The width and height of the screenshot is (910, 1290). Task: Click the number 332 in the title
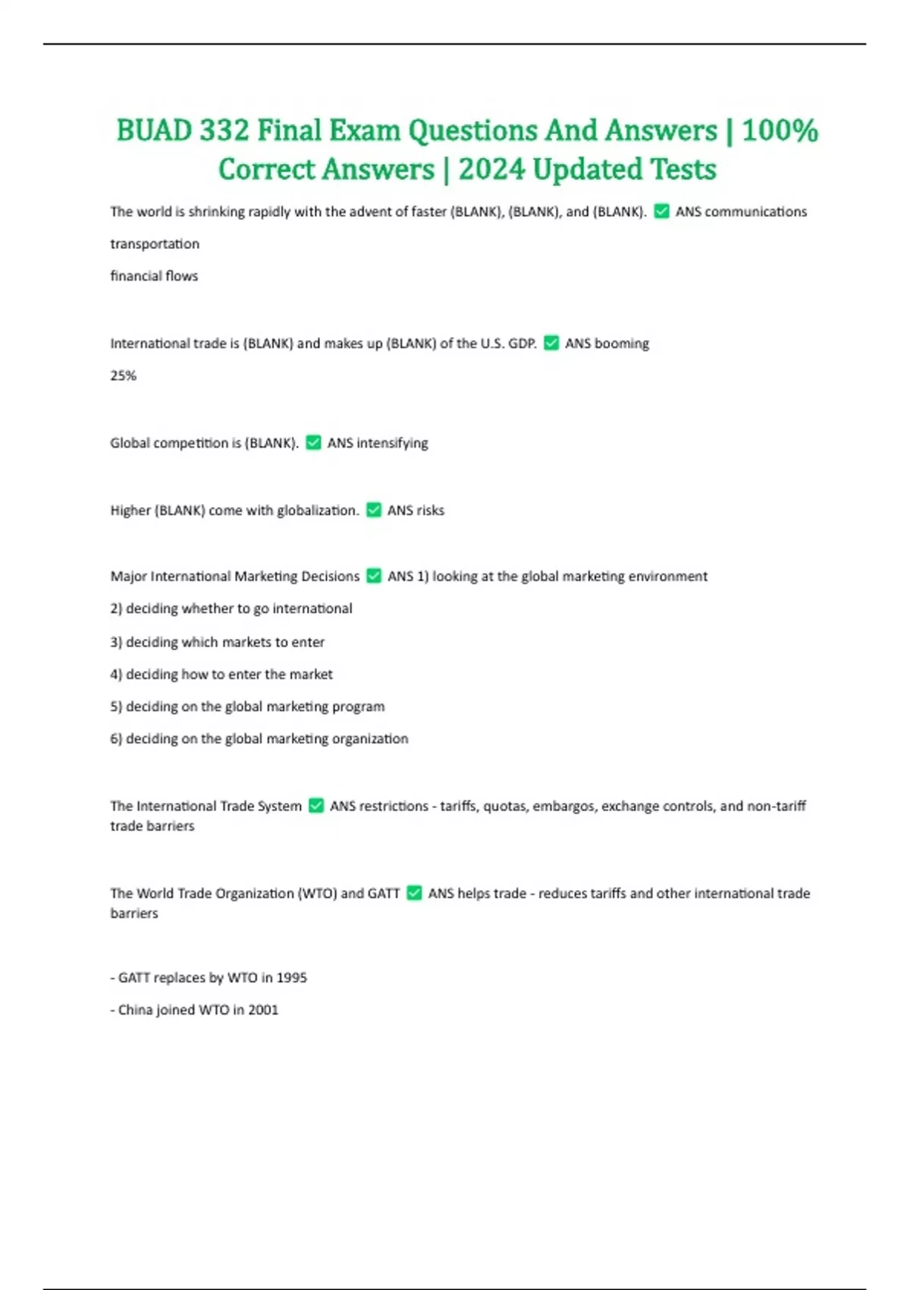click(224, 131)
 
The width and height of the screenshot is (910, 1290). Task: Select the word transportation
click(155, 244)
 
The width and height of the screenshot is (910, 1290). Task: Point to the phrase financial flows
click(154, 276)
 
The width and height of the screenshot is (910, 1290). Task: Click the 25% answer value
click(123, 376)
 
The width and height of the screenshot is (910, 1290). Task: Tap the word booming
click(622, 344)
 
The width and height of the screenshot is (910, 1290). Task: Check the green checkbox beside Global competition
click(313, 442)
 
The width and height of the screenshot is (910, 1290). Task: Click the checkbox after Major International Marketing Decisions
click(374, 576)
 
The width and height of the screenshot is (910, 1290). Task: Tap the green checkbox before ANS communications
click(661, 211)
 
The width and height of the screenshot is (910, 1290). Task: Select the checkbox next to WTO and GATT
click(414, 893)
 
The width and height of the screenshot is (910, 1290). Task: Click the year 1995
click(291, 978)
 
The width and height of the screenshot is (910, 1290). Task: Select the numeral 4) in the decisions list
click(116, 675)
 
